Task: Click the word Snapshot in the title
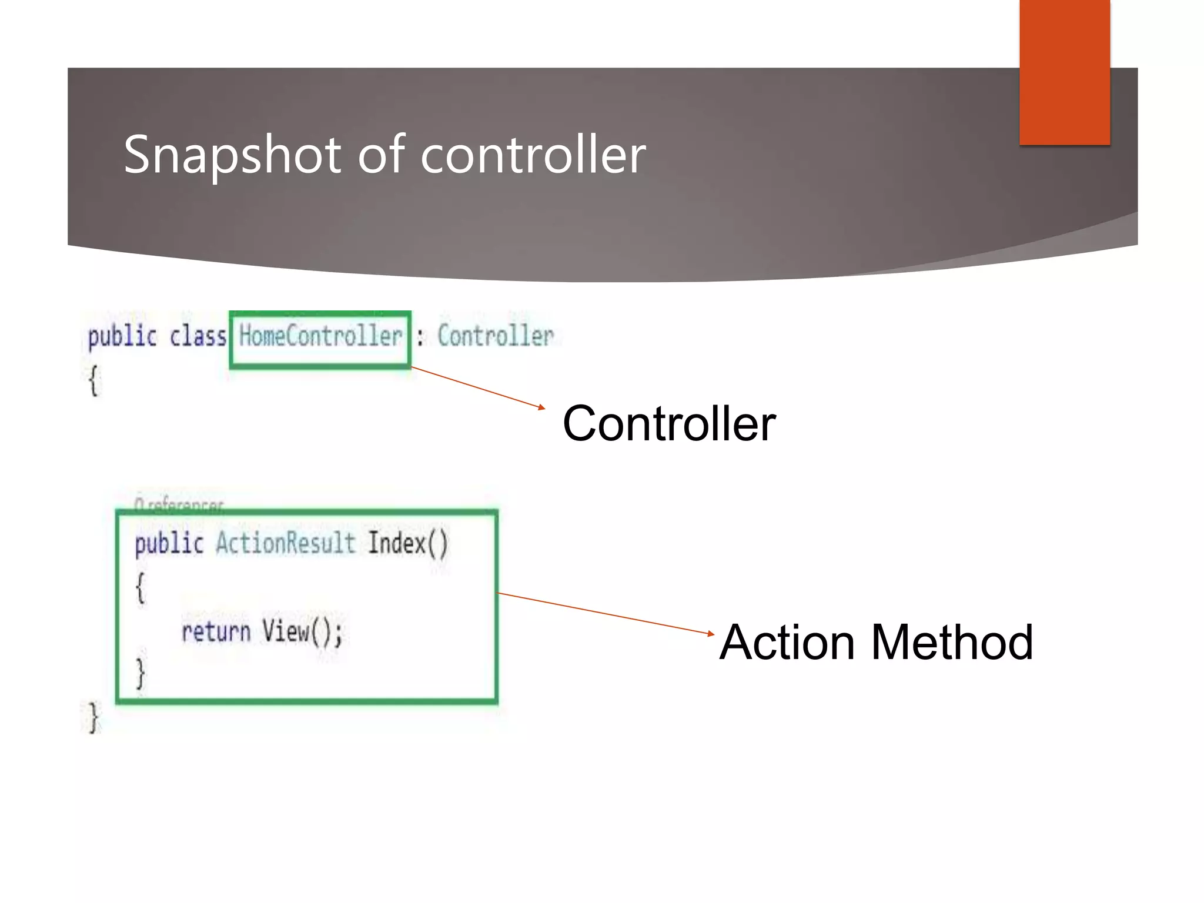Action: (x=232, y=155)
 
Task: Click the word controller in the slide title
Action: (x=533, y=155)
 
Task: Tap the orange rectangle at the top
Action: (x=1064, y=72)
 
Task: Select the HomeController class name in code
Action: (x=320, y=337)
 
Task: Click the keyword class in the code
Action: (x=198, y=337)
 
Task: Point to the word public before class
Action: (x=122, y=337)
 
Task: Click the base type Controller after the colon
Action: (x=495, y=337)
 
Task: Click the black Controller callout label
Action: (x=668, y=424)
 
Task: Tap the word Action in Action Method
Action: (x=787, y=643)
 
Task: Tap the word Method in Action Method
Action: (x=952, y=643)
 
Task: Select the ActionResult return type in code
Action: (x=285, y=543)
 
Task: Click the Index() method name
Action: (x=407, y=543)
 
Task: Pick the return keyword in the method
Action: (x=216, y=633)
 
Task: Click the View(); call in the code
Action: (x=302, y=633)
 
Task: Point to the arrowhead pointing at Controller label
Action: (x=542, y=407)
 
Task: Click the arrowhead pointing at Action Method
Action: (x=711, y=634)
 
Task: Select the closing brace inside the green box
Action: (x=140, y=674)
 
